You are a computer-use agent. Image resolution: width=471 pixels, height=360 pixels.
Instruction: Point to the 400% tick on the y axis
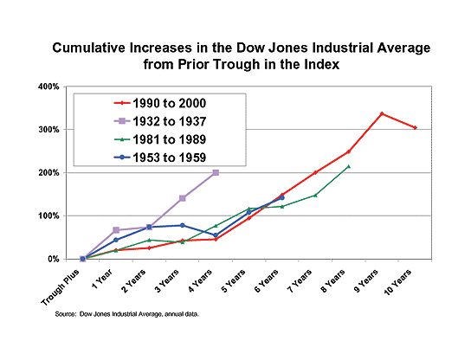point(48,87)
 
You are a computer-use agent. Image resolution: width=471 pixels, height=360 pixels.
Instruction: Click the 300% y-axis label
point(48,130)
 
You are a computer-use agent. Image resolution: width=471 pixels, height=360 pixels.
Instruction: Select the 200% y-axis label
point(48,173)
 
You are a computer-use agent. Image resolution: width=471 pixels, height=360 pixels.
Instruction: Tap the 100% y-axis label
point(48,215)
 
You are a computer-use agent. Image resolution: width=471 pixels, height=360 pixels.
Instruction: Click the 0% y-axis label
point(54,259)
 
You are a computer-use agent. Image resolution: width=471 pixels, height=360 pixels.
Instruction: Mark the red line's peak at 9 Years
point(382,113)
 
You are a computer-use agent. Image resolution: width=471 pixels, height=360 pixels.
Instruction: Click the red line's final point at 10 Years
point(415,127)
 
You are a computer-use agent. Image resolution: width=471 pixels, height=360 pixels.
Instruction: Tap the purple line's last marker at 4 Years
point(216,172)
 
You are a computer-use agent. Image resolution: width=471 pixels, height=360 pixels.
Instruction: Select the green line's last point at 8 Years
point(348,166)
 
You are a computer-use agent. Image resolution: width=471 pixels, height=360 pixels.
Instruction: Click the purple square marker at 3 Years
point(182,198)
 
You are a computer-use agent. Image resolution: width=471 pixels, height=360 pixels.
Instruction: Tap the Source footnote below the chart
point(126,315)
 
